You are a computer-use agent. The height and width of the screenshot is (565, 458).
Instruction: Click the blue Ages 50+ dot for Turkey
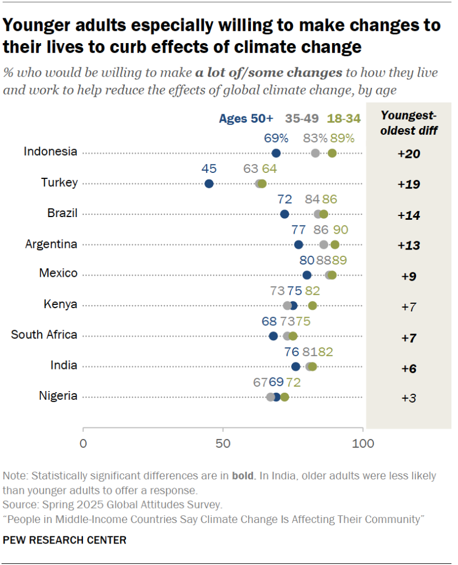pos(209,184)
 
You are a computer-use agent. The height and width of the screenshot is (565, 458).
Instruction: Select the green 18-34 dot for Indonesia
pos(332,153)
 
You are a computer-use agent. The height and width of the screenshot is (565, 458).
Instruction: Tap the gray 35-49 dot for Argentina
pos(324,245)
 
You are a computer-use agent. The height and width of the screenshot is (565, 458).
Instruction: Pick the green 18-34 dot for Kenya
pos(312,305)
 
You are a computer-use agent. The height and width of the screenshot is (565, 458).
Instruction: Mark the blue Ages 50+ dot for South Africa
pos(273,336)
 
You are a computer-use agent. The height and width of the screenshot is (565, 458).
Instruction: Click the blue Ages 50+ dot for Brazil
pos(285,214)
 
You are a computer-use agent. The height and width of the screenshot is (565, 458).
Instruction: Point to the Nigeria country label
pos(58,395)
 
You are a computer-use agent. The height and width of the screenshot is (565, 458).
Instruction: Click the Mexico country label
pos(58,273)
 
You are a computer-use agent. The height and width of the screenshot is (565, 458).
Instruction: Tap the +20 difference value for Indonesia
pos(409,154)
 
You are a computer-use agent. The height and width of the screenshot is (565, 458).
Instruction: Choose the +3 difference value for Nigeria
pos(409,397)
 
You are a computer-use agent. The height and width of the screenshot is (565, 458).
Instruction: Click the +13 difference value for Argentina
pos(409,245)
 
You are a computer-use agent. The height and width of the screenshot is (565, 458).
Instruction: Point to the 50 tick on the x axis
pos(223,443)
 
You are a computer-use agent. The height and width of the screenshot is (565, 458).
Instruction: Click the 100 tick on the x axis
pos(363,443)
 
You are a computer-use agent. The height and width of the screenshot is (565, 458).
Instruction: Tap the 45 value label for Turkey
pos(209,168)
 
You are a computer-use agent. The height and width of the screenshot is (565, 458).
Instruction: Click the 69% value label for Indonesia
pos(276,138)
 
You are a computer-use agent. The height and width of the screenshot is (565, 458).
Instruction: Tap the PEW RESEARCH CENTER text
pos(65,540)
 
